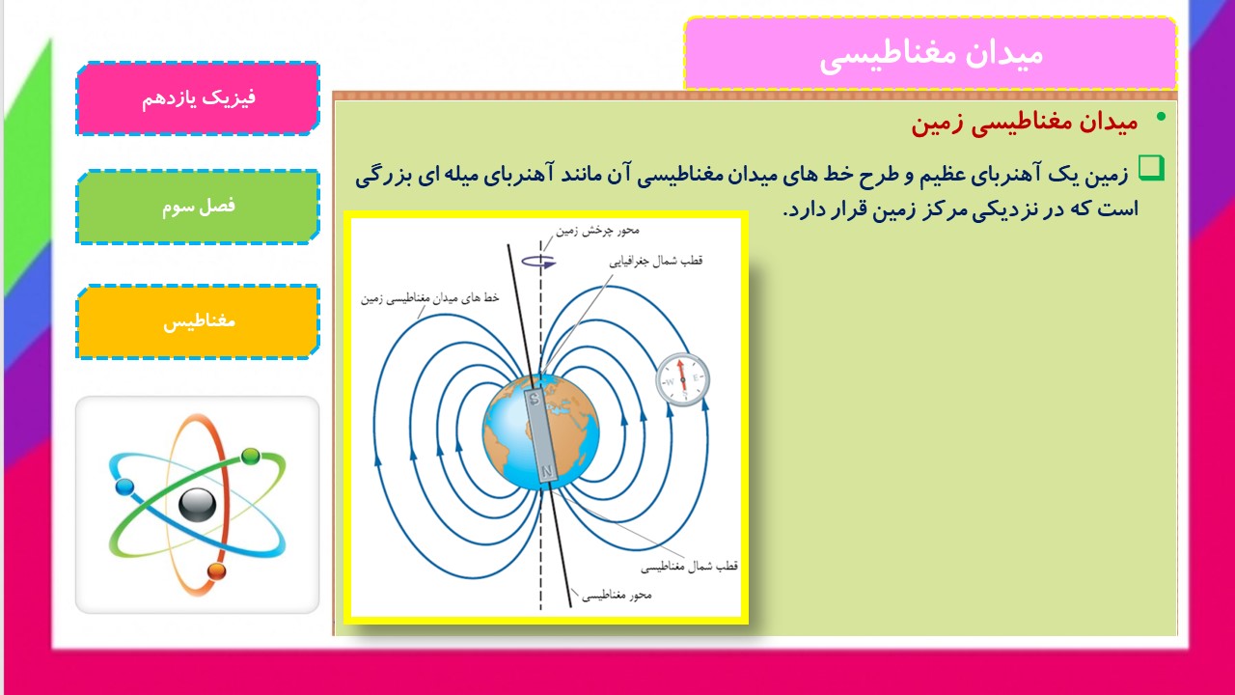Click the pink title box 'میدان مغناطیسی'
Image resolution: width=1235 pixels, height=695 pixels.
coord(930,53)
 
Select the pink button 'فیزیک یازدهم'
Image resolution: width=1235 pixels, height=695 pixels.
coord(198,98)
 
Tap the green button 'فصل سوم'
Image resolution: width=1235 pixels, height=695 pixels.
coord(198,207)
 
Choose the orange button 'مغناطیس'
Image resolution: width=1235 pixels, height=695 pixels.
coord(198,321)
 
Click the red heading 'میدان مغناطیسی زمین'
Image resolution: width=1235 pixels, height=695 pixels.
coord(1025,122)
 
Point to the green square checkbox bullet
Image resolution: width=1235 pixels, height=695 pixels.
coord(1151,168)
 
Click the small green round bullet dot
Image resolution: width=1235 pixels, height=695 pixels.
coord(1161,117)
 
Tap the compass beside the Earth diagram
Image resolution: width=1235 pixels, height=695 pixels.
coord(682,379)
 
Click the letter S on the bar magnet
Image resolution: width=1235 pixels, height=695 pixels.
coord(535,399)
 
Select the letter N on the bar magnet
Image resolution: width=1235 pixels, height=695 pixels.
coord(547,472)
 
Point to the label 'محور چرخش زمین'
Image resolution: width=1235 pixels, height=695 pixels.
coord(597,231)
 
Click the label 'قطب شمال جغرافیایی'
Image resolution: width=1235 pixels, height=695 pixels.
coord(655,261)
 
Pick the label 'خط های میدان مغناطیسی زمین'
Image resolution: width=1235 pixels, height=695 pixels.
coord(430,298)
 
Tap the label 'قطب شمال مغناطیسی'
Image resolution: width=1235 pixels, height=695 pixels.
coord(689,567)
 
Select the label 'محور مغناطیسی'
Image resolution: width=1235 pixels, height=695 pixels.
coord(617,596)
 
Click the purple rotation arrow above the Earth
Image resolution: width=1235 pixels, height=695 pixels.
coord(538,263)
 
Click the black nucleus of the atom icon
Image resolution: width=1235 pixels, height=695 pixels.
coord(198,505)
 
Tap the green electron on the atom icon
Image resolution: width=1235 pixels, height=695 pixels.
coord(250,457)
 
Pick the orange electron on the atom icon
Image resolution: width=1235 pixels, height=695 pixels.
coord(217,570)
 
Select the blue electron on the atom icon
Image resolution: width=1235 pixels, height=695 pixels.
coord(125,487)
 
